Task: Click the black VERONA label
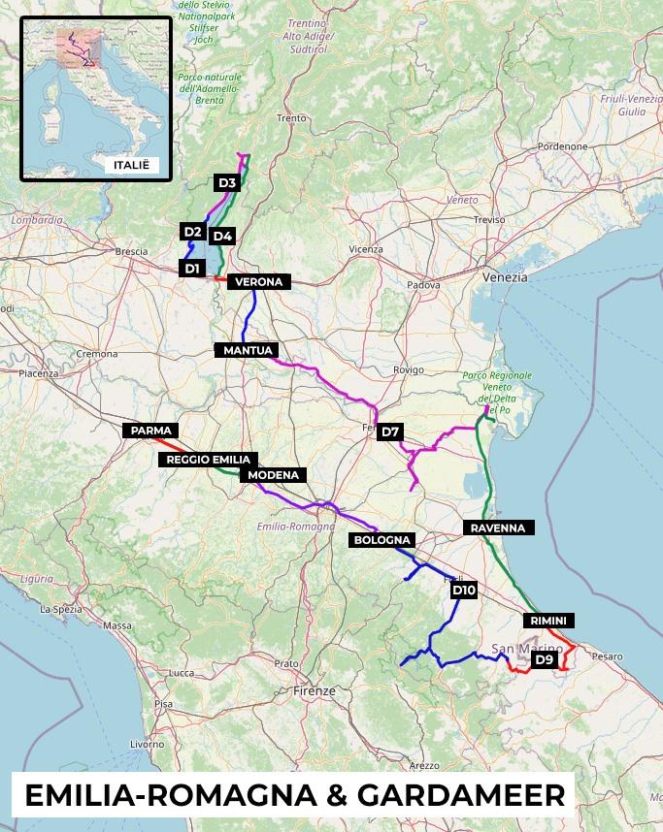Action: point(258,282)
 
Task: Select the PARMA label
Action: point(150,431)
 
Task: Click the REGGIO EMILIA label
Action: point(209,460)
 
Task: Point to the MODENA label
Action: point(274,475)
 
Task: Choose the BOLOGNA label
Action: point(383,540)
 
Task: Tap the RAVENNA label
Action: point(497,528)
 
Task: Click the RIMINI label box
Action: point(548,621)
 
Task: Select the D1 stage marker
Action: point(191,268)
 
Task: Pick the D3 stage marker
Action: point(226,182)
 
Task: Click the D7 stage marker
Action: point(390,432)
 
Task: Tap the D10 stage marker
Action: point(464,590)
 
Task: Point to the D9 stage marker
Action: point(544,660)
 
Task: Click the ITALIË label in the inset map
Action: point(132,166)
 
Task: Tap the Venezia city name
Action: point(505,277)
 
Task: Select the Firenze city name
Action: point(314,691)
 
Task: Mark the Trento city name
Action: point(291,118)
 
